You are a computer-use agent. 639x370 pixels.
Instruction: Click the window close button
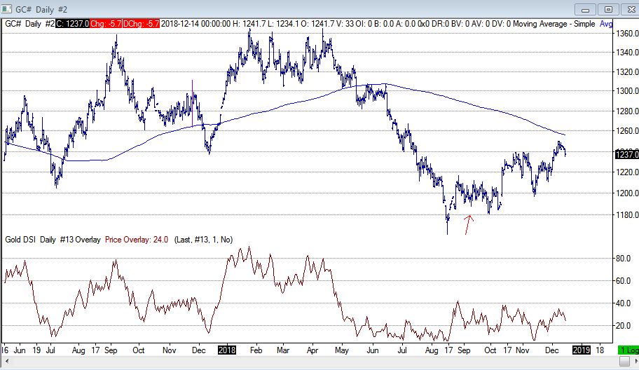[626, 9]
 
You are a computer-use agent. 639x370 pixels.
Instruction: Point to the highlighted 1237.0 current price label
[626, 154]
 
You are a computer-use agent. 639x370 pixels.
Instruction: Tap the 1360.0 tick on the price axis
[626, 33]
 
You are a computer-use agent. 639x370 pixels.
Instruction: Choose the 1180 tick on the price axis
[626, 214]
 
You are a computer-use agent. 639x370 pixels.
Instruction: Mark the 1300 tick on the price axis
[626, 91]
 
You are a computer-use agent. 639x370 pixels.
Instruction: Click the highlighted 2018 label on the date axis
[227, 349]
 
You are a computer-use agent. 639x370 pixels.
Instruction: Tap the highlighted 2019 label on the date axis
[582, 349]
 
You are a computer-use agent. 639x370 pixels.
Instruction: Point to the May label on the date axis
[342, 349]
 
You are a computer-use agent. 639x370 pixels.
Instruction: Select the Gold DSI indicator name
[19, 239]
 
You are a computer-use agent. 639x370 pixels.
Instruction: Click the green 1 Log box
[627, 349]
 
